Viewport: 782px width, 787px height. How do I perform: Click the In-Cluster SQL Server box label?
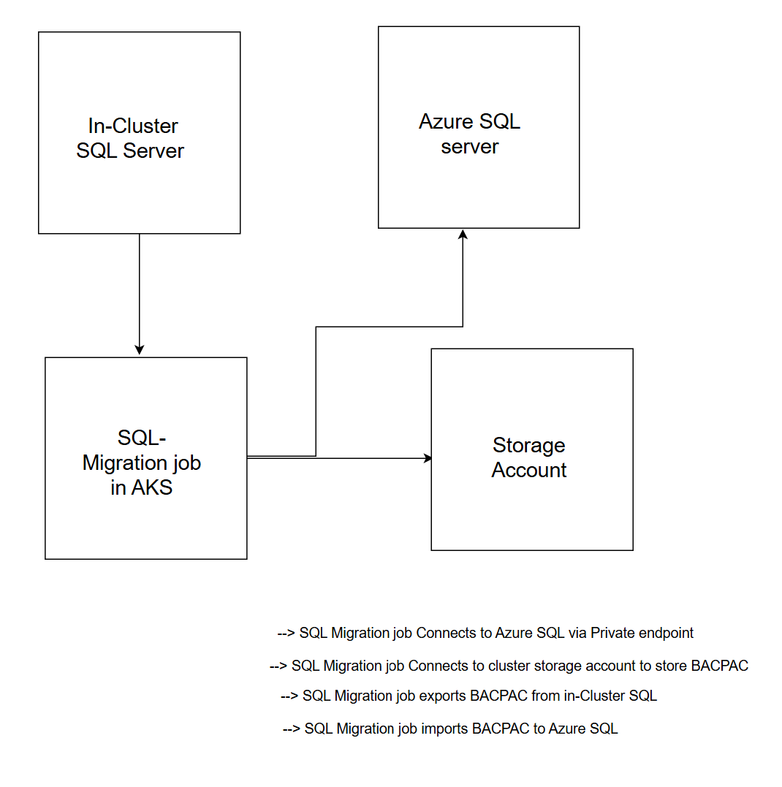point(130,138)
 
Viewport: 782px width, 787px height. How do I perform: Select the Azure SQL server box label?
point(469,134)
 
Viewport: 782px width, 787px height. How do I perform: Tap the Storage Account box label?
point(528,457)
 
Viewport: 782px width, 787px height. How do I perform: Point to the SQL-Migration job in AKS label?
point(142,463)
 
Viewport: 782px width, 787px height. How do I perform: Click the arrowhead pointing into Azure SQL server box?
point(463,234)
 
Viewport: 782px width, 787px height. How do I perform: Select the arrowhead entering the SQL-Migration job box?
point(140,350)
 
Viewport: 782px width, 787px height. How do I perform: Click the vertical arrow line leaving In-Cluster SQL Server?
point(140,292)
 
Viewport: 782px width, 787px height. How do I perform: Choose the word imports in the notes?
point(445,729)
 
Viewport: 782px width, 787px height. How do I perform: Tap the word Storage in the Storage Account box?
point(528,445)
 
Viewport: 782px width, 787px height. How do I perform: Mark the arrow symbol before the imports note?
point(292,729)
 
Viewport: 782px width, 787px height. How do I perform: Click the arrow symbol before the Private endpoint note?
point(286,633)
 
